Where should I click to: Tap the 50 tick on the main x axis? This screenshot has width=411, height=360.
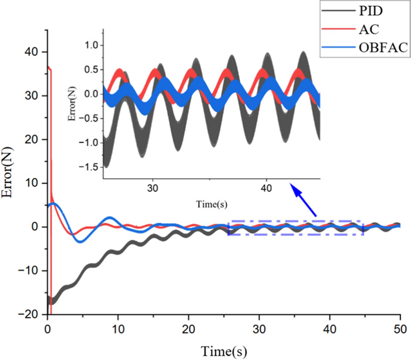[x=400, y=328]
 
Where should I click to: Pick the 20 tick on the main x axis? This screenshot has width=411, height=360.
[x=188, y=328]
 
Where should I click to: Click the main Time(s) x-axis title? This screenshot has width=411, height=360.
[x=223, y=351]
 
